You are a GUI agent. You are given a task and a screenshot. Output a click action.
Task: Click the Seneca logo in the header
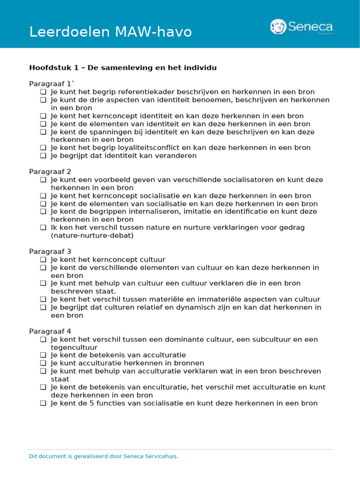(301, 27)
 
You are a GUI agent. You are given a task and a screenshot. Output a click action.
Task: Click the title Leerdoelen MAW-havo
(111, 32)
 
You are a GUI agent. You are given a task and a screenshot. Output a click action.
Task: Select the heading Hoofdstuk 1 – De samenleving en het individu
(123, 67)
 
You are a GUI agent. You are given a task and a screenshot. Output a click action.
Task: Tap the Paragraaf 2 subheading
(50, 172)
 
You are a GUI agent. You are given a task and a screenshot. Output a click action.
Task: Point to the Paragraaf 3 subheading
(50, 251)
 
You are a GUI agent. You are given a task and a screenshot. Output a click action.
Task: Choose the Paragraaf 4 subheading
(50, 331)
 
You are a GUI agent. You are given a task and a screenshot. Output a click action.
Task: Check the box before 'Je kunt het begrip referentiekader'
(43, 92)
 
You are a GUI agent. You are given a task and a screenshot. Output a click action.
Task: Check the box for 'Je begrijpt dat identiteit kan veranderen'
(43, 156)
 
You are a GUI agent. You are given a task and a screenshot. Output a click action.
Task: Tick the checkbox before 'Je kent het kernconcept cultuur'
(43, 260)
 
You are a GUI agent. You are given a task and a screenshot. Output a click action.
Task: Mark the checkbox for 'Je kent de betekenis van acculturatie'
(43, 355)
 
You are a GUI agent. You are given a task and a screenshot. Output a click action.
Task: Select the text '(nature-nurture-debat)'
(92, 235)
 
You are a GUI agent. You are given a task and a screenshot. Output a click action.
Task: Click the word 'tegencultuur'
(74, 347)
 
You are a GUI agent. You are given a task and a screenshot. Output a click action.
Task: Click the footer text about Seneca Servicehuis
(104, 456)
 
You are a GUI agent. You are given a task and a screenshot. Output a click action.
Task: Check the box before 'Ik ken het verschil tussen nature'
(43, 228)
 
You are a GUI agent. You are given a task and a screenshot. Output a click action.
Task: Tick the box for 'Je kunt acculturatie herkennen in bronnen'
(43, 363)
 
